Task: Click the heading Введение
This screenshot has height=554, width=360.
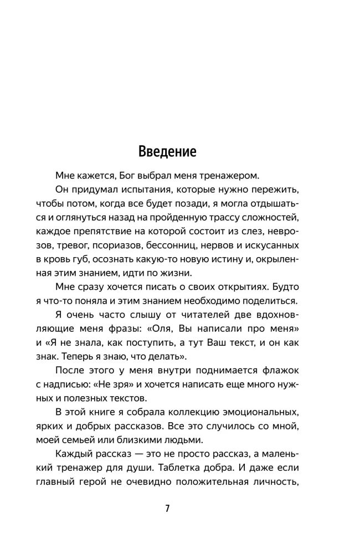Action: coord(167,152)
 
